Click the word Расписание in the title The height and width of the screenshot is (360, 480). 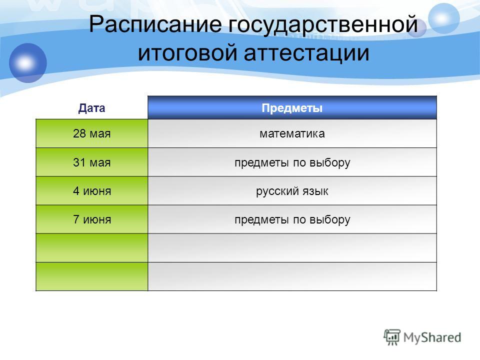click(155, 24)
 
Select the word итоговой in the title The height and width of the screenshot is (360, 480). click(187, 52)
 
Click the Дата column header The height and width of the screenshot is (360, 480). click(91, 108)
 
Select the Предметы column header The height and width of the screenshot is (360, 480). click(292, 108)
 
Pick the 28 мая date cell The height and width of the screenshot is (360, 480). click(92, 133)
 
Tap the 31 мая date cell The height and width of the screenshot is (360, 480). click(92, 162)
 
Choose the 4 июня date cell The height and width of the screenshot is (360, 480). click(92, 190)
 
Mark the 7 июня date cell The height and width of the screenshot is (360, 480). click(92, 219)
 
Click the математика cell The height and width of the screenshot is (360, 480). click(292, 133)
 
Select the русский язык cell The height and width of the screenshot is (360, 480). click(292, 190)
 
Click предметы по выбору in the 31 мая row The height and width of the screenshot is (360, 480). click(292, 162)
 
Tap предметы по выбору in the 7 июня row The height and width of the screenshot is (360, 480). click(292, 220)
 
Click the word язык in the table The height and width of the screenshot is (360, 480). click(315, 191)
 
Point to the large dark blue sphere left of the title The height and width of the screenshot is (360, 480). click(28, 63)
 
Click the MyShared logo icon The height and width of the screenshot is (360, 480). click(392, 337)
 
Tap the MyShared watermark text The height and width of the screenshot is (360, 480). click(432, 337)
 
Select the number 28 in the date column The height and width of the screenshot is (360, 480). click(79, 133)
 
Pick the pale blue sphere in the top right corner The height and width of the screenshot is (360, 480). click(443, 18)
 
